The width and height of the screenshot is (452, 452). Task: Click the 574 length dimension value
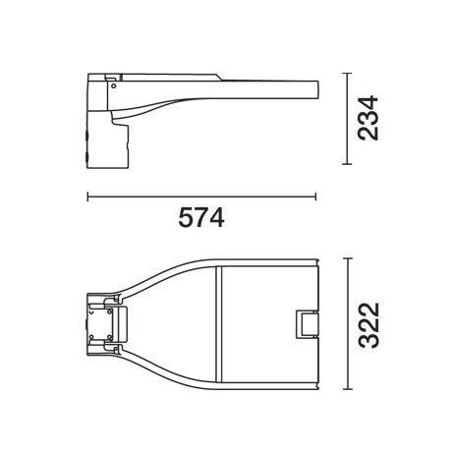click(x=201, y=217)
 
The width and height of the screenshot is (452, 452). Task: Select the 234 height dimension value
click(x=367, y=118)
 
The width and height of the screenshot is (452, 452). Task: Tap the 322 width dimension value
click(x=369, y=325)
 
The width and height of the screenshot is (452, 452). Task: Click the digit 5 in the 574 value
click(x=186, y=217)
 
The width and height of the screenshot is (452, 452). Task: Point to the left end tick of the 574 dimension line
click(x=87, y=197)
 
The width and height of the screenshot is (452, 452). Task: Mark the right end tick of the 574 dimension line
click(x=315, y=197)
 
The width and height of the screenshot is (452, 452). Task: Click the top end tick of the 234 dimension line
click(x=347, y=74)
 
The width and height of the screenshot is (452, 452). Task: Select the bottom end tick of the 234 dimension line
click(x=347, y=164)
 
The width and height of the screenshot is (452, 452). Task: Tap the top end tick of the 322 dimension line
click(x=348, y=258)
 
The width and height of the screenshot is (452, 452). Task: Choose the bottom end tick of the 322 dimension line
click(x=348, y=389)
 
